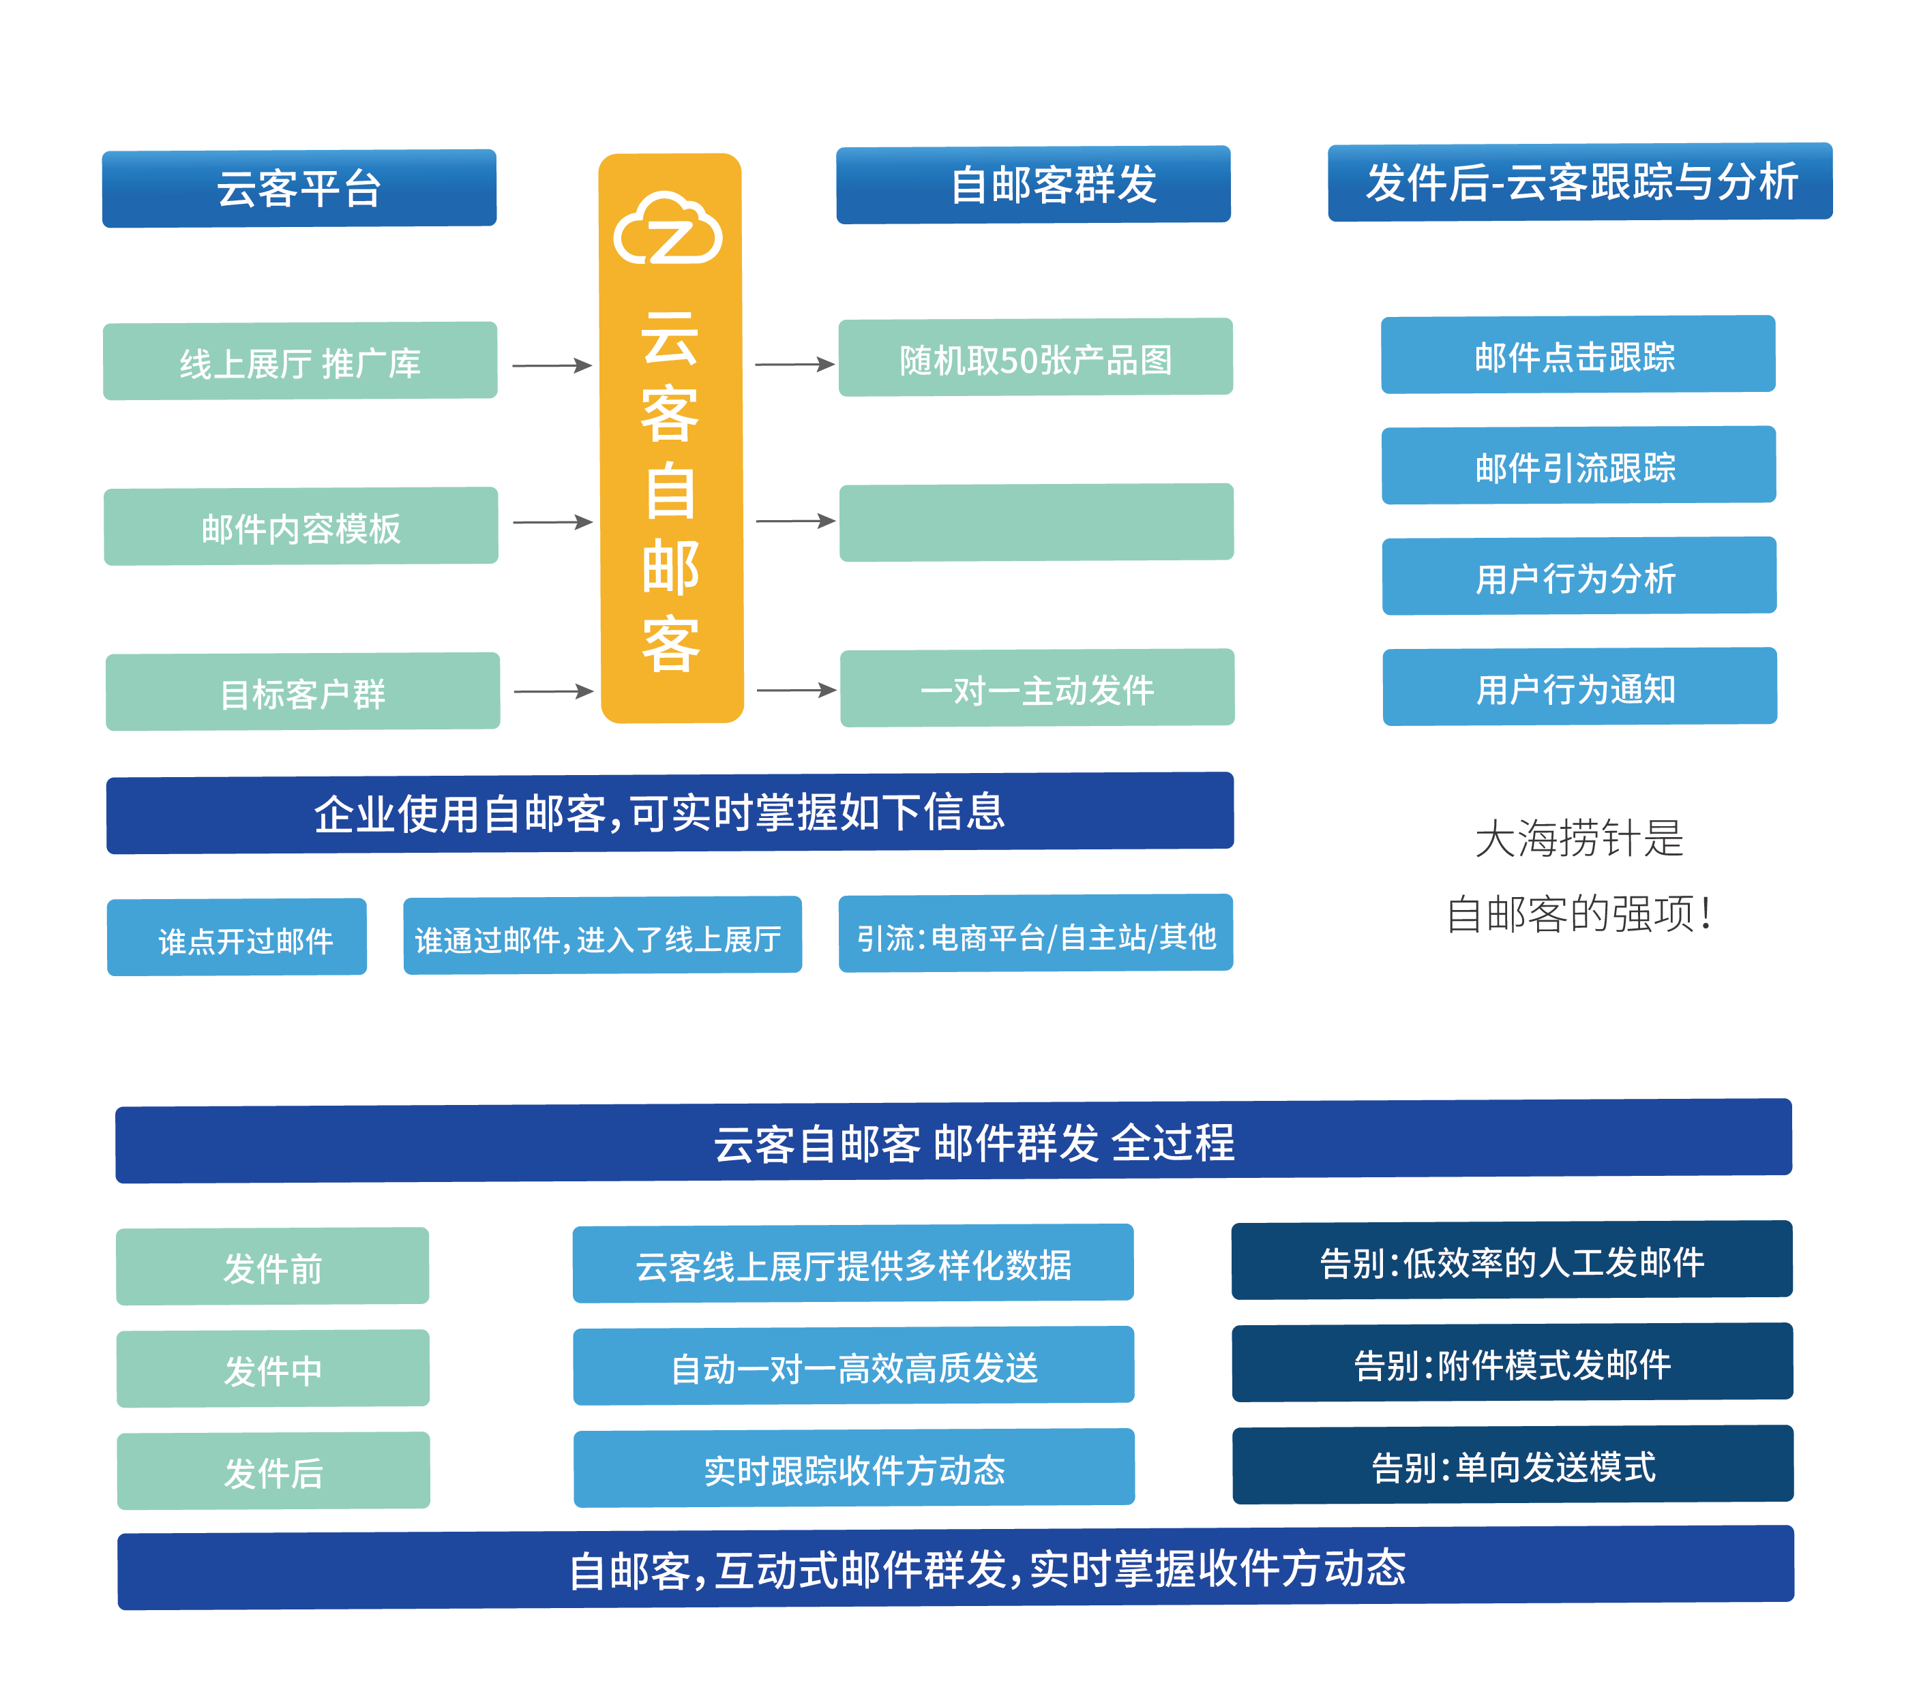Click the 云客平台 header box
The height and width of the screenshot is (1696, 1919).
(299, 187)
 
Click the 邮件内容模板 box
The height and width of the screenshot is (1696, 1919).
(301, 526)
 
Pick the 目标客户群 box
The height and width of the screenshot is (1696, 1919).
(302, 692)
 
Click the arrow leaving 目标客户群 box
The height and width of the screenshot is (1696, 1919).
(553, 692)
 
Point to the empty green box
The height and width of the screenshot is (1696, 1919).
(1036, 523)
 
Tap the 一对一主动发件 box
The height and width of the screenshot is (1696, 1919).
(1037, 688)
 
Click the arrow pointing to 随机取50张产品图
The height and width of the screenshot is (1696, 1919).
(794, 364)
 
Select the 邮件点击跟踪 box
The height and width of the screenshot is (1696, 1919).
(1577, 354)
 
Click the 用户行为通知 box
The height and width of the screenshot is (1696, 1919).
(1579, 687)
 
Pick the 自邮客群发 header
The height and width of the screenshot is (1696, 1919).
(1032, 185)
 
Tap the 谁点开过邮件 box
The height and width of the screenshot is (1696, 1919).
(237, 937)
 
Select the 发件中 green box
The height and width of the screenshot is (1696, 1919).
(272, 1368)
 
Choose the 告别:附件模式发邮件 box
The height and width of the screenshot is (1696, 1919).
(1512, 1363)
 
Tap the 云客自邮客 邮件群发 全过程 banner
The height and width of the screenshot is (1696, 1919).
(953, 1141)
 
